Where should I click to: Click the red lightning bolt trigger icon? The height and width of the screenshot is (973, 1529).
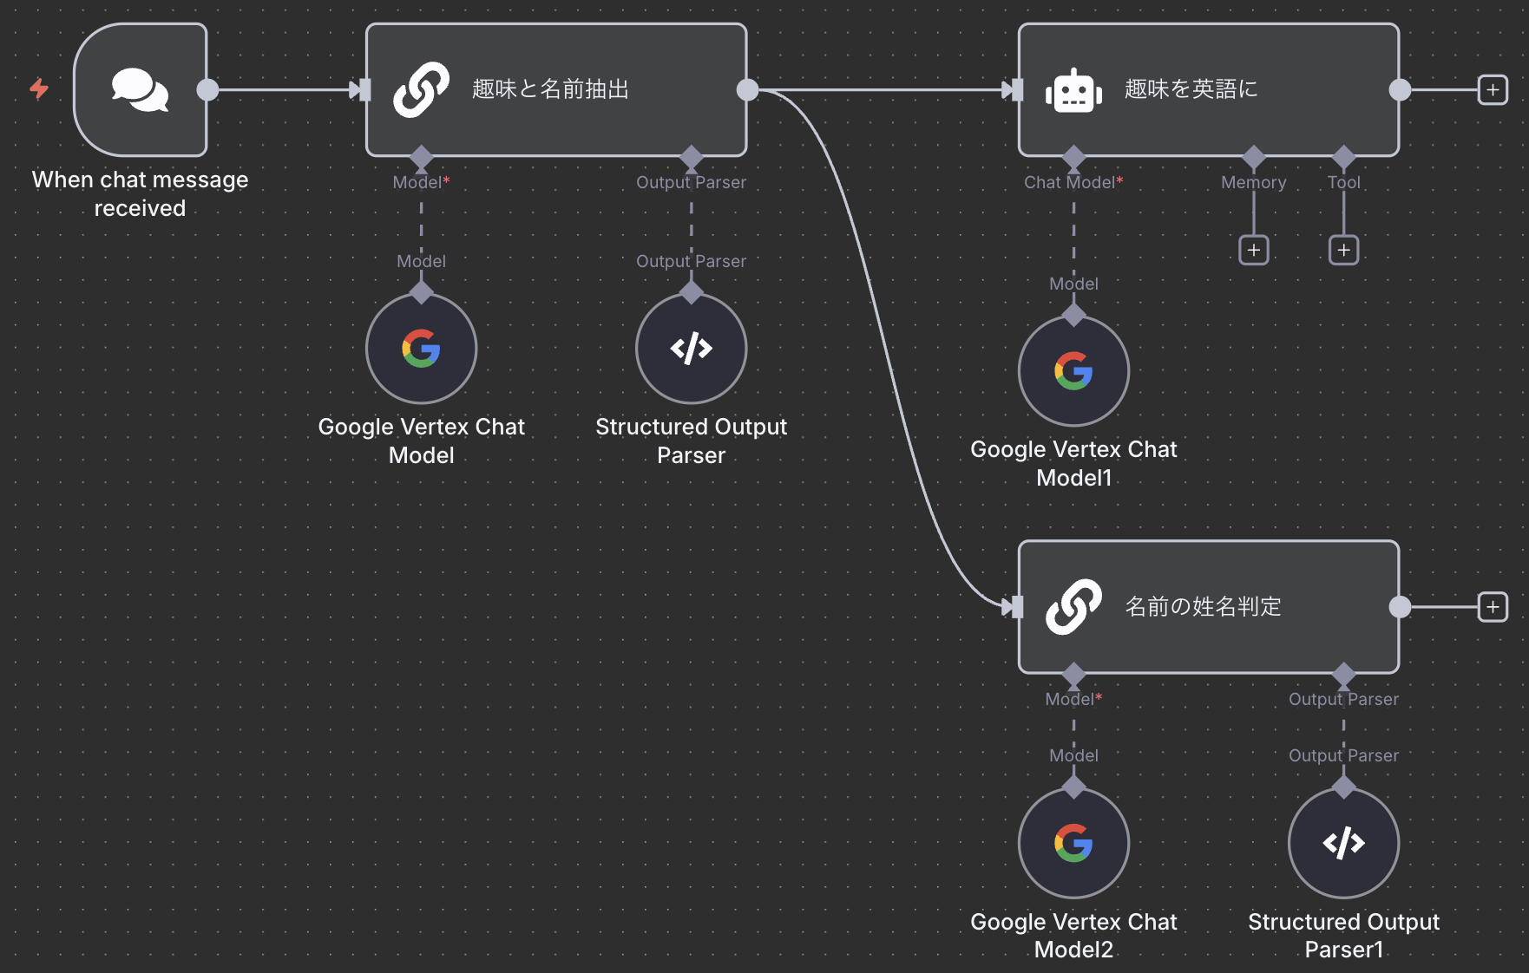(39, 88)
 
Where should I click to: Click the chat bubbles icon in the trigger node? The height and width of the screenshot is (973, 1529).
(140, 89)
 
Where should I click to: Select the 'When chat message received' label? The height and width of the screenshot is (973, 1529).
(140, 193)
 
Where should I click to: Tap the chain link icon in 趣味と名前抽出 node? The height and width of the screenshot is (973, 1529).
(421, 89)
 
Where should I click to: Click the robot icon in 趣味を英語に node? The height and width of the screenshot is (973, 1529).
(1073, 89)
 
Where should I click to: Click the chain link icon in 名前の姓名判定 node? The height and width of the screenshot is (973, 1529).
(1073, 607)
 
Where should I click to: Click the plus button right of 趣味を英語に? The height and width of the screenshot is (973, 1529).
(1493, 89)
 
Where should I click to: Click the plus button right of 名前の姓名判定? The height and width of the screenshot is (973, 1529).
(1493, 607)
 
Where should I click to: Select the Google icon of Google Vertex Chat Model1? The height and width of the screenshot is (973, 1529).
(1073, 371)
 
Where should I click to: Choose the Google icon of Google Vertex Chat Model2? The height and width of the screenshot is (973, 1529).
(1073, 843)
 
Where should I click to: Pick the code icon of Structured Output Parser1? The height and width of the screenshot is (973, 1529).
(1343, 843)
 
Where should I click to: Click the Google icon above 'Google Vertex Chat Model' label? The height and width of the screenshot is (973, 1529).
(421, 349)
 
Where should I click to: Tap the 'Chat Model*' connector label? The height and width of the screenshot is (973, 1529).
(1073, 182)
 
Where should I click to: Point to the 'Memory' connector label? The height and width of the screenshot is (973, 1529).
(1253, 182)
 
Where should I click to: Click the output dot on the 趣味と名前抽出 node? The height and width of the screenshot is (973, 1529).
(747, 89)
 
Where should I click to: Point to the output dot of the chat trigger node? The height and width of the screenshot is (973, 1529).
(207, 89)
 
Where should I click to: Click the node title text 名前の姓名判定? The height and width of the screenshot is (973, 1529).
(1203, 607)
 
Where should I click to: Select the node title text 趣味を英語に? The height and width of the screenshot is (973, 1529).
(1191, 89)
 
